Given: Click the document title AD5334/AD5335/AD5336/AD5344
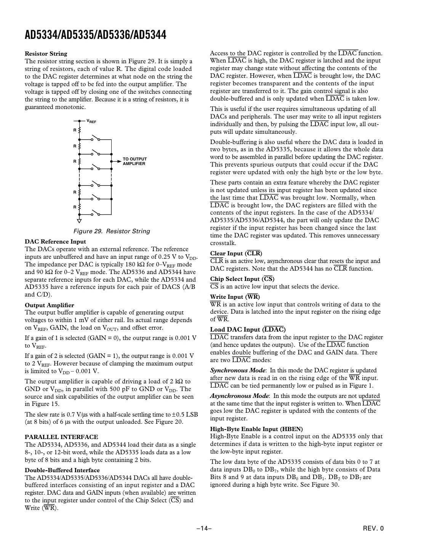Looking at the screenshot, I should pyautogui.click(x=95, y=35).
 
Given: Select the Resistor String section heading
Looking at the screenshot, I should pyautogui.click(x=46, y=54).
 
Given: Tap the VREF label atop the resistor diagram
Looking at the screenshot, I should pyautogui.click(x=91, y=121).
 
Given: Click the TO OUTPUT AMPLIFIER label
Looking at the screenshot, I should pyautogui.click(x=134, y=161).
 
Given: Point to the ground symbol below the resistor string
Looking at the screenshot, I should pyautogui.click(x=79, y=221).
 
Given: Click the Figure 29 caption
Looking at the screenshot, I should pyautogui.click(x=112, y=231).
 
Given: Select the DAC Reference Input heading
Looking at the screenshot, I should pyautogui.click(x=55, y=242).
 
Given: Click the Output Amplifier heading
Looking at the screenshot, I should pyautogui.click(x=50, y=305).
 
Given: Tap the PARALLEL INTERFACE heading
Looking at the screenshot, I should pyautogui.click(x=61, y=437).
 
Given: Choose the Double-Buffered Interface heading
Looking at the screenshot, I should pyautogui.click(x=62, y=470).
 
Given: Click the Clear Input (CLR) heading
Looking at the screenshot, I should pyautogui.click(x=236, y=253).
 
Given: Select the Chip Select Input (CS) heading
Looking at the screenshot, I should pyautogui.click(x=242, y=279).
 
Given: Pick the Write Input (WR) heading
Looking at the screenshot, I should pyautogui.click(x=235, y=297).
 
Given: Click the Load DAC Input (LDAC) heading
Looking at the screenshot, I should pyautogui.click(x=248, y=330).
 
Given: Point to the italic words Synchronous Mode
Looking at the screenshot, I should pyautogui.click(x=238, y=370).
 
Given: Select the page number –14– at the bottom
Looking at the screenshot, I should pyautogui.click(x=204, y=529).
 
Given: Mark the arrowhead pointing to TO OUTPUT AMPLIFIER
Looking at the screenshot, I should pyautogui.click(x=113, y=161).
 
